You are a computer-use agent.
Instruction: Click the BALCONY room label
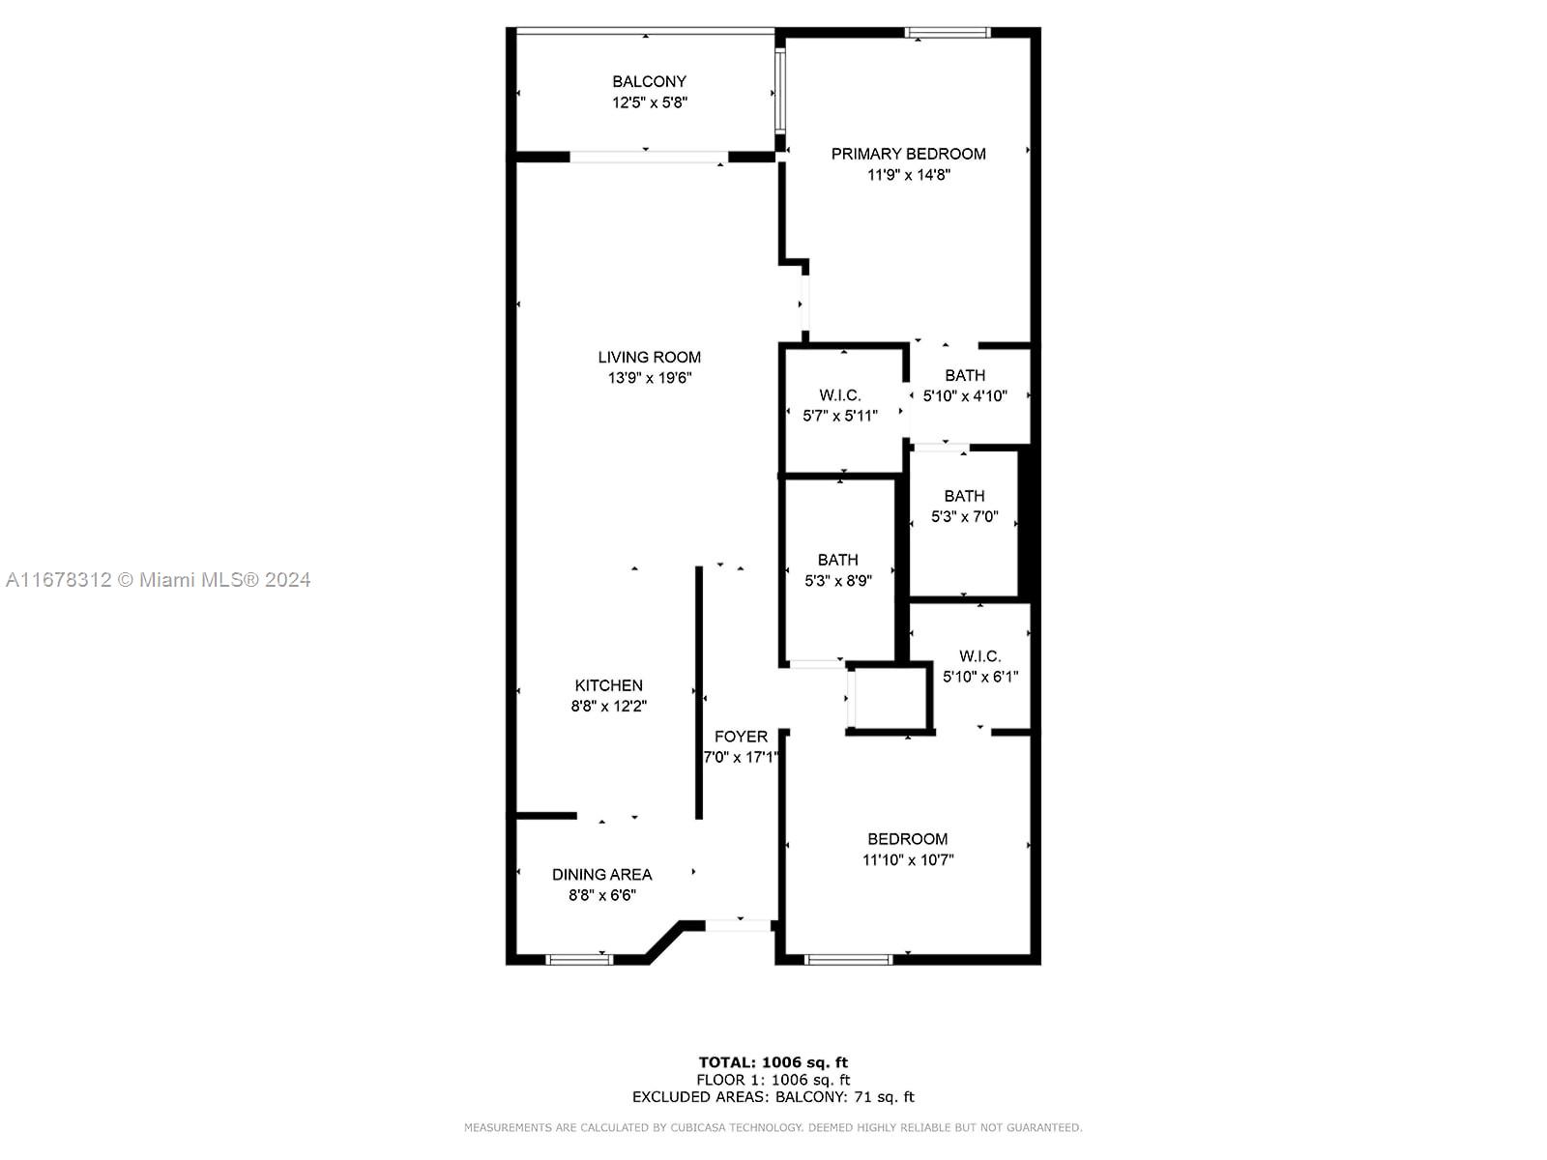coord(649,82)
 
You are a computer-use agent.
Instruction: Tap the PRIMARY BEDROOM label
coord(908,154)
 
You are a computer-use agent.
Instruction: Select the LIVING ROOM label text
coord(649,357)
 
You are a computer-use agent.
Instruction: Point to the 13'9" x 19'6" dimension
coord(649,378)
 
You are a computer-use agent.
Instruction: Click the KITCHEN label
coord(608,685)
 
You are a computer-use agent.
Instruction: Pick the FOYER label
coord(741,737)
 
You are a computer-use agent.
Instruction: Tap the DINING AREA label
coord(602,875)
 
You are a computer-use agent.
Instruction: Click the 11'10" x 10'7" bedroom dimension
coord(908,860)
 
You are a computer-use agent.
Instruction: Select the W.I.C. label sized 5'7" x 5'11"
coord(839,395)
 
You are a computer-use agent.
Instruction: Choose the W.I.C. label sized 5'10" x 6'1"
coord(979,656)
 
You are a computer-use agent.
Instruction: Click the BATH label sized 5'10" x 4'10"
coord(965,375)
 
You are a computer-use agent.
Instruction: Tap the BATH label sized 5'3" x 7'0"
coord(964,496)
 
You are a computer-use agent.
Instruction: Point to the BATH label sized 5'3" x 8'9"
coord(838,560)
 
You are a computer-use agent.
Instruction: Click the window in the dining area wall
coord(579,959)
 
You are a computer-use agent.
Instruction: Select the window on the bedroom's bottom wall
coord(849,959)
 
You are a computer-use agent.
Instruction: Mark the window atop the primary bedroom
coord(948,33)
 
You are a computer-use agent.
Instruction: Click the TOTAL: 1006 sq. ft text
coord(773,1062)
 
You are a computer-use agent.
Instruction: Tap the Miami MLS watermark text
coord(158,580)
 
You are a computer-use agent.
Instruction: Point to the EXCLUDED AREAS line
coord(773,1096)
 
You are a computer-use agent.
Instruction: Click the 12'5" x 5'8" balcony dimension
coord(649,102)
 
